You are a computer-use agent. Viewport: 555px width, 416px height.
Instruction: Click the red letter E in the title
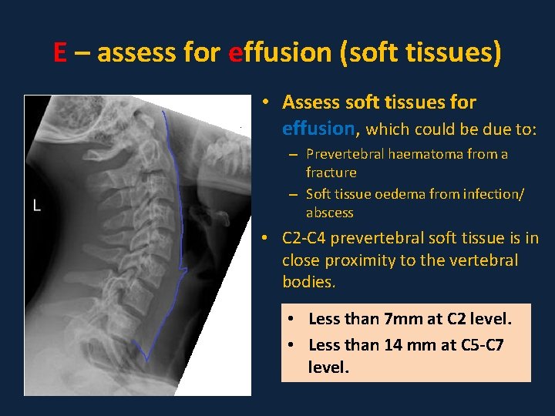click(60, 53)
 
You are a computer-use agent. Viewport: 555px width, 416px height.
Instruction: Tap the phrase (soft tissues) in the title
click(429, 53)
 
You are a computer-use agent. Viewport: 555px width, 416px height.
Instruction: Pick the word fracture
click(331, 173)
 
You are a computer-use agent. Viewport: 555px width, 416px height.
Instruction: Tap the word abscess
click(329, 213)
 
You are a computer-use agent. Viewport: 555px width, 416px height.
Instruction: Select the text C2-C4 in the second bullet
click(308, 240)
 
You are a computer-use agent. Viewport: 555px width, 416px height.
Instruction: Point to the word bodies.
click(308, 281)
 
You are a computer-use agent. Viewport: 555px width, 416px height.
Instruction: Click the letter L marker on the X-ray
click(36, 206)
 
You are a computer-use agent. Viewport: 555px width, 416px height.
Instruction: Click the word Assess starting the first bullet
click(311, 102)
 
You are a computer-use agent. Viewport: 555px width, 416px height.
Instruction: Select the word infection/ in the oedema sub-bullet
click(496, 194)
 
